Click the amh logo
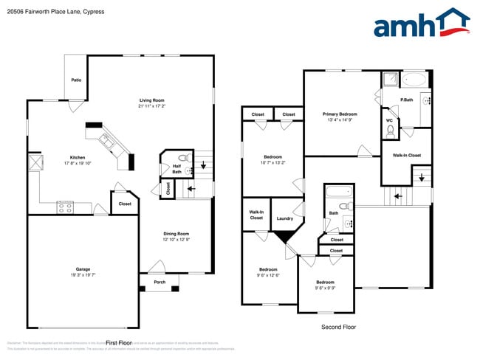click(421, 24)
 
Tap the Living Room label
click(151, 100)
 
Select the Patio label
click(76, 80)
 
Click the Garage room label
click(82, 269)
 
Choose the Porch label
click(160, 282)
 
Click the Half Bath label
click(176, 169)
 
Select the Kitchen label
click(78, 157)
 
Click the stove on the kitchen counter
click(66, 209)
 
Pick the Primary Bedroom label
click(340, 114)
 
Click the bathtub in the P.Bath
click(413, 79)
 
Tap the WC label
click(388, 120)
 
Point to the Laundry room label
click(285, 218)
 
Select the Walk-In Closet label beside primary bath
click(406, 155)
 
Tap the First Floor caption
click(118, 343)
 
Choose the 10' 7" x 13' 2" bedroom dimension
click(272, 163)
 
